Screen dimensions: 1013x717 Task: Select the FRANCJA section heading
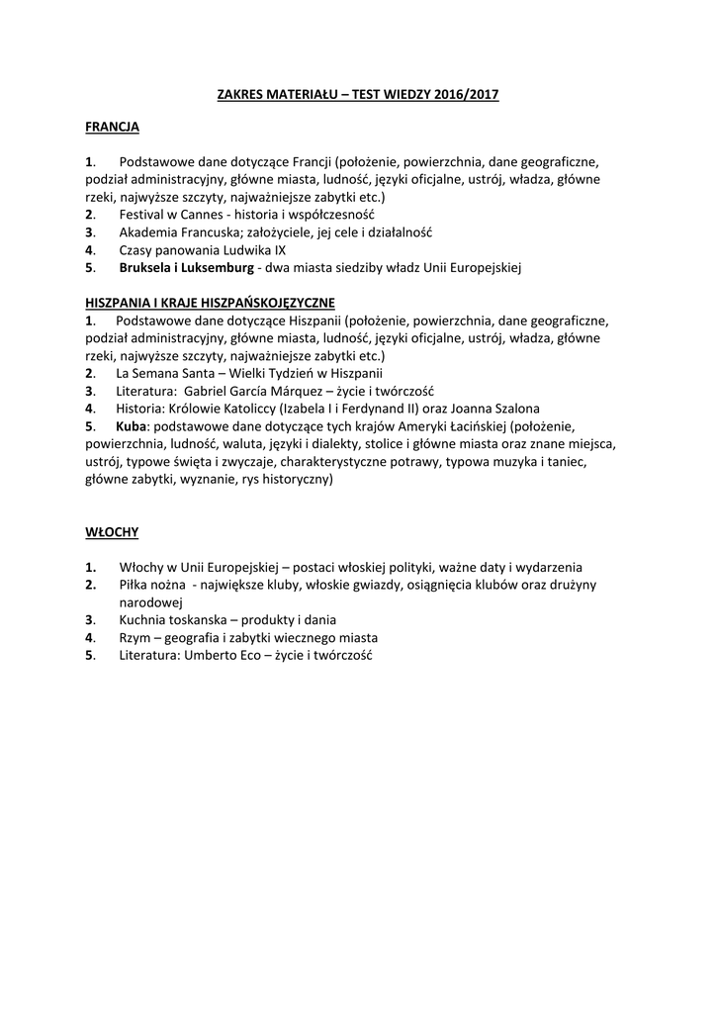point(112,127)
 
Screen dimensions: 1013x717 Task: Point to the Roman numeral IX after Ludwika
point(279,249)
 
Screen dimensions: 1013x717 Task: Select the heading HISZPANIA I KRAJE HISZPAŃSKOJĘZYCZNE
point(211,302)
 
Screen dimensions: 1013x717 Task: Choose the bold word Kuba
point(131,425)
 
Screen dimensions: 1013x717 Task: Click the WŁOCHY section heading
point(112,532)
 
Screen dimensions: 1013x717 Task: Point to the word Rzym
point(134,637)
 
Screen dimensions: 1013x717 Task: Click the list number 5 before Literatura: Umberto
point(90,655)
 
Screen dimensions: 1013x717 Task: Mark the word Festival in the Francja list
point(144,214)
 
